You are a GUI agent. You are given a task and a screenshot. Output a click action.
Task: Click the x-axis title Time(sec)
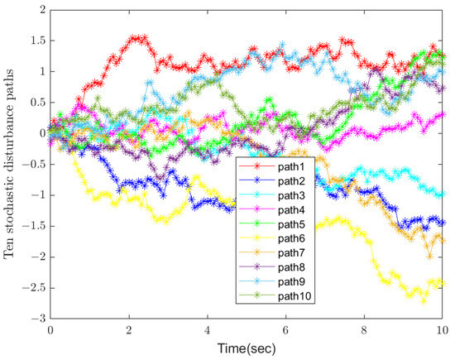click(248, 349)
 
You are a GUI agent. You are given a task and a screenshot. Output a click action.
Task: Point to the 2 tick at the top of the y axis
click(40, 9)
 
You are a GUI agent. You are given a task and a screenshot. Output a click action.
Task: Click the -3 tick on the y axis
click(36, 319)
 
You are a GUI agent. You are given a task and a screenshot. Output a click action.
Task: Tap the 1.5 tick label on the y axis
click(36, 40)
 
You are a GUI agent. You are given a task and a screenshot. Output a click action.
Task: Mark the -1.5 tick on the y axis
click(32, 226)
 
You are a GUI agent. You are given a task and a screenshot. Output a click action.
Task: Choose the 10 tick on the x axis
click(444, 329)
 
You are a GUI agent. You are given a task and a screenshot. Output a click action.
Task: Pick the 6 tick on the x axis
click(286, 329)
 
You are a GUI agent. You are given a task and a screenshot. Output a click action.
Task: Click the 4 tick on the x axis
click(208, 329)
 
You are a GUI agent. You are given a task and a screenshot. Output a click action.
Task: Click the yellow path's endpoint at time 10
click(445, 282)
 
